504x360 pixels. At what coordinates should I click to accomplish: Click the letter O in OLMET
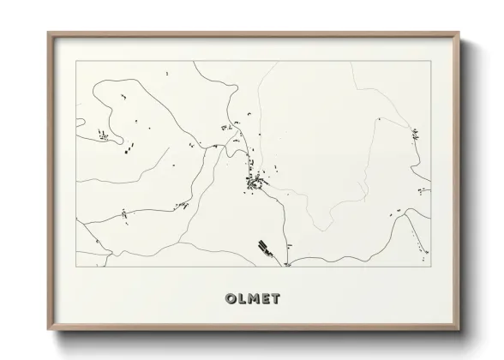coord(229,299)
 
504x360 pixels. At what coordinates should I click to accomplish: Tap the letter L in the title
coord(241,299)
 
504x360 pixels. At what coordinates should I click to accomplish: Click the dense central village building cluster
coord(254,182)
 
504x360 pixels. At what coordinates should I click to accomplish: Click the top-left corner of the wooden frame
coord(48,33)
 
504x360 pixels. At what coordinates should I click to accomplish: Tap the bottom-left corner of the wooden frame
coord(48,329)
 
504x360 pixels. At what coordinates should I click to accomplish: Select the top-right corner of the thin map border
coord(429,61)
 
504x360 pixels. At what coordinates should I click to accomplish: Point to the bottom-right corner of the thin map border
coord(429,267)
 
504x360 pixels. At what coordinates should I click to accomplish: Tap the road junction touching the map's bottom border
coord(288,265)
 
